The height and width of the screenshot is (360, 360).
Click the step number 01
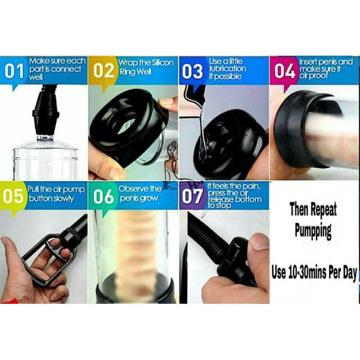(x=14, y=71)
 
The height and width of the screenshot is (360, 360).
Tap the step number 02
(x=103, y=71)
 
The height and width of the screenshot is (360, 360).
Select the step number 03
(x=192, y=71)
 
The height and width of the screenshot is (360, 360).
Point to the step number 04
(x=285, y=71)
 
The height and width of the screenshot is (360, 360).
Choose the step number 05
(x=13, y=196)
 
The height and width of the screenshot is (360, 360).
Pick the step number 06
(x=103, y=196)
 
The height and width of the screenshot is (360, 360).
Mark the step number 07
(x=192, y=196)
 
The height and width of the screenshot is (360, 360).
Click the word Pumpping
(x=313, y=231)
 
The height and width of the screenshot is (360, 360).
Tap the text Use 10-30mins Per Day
(x=314, y=272)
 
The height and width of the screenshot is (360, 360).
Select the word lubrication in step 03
(x=227, y=69)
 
